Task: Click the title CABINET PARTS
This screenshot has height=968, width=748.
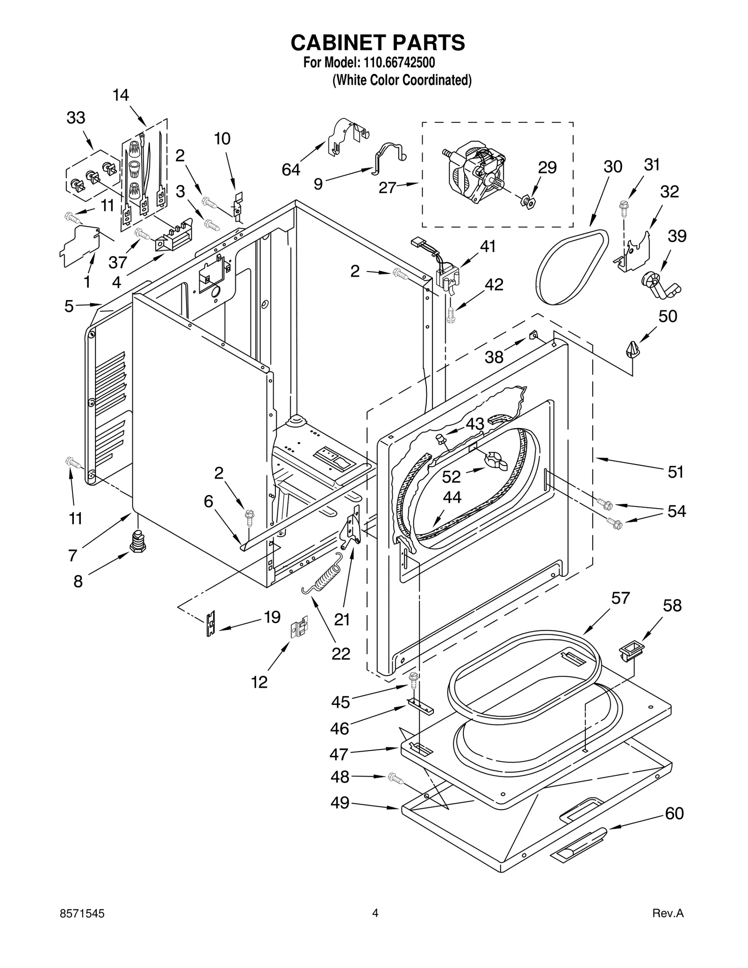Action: pos(377,43)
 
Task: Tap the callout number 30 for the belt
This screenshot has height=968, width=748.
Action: pos(612,167)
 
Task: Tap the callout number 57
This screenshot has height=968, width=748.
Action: pos(620,598)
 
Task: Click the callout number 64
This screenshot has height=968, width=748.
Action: pos(291,170)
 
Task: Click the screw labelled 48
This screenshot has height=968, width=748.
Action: pos(396,778)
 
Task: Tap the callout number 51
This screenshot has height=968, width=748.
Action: pos(676,472)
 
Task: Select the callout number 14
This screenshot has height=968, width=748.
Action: pos(121,95)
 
